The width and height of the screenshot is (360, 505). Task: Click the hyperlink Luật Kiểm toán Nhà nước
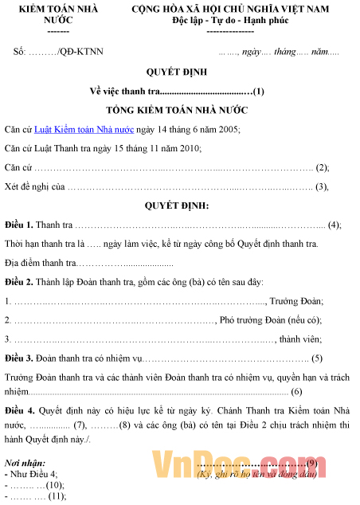coord(83,128)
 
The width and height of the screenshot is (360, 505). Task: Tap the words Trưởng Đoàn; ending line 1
coord(295,301)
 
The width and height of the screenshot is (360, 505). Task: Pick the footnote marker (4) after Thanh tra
coord(334,225)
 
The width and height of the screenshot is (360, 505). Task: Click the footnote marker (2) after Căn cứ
coord(323,167)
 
